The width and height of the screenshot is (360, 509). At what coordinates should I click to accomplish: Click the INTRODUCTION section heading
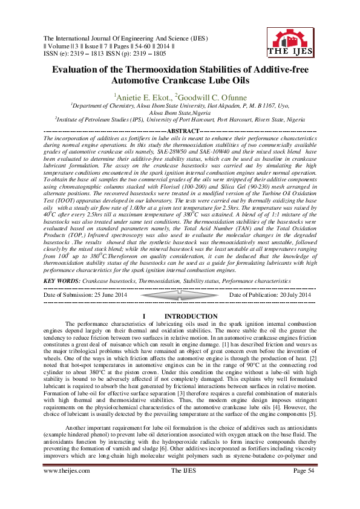191,317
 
